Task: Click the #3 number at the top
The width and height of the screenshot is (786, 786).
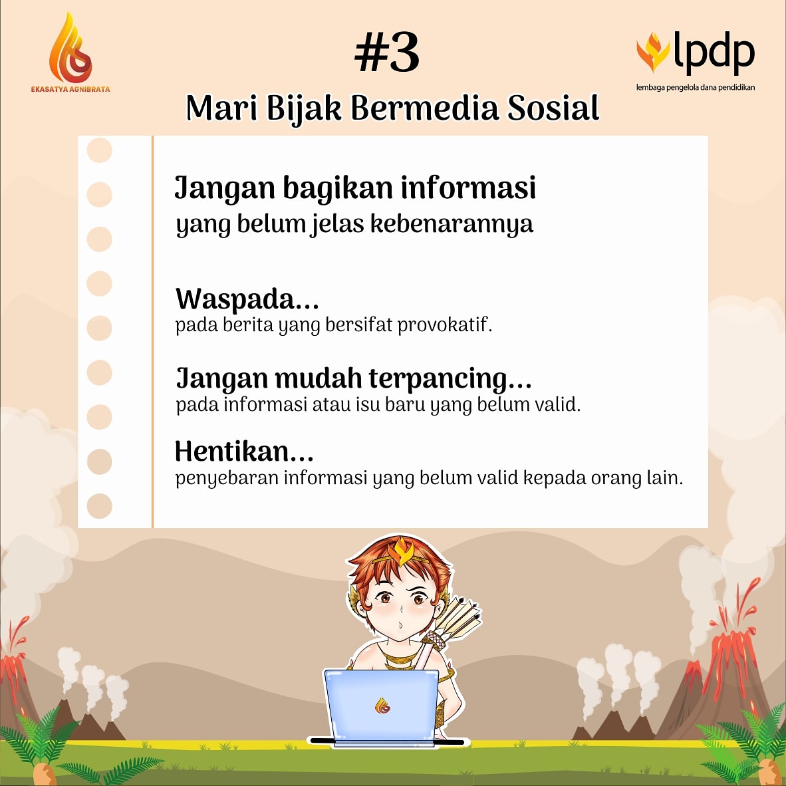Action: pos(387,54)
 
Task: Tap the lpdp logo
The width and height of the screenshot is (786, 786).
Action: pos(696,53)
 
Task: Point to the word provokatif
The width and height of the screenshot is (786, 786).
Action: pos(444,325)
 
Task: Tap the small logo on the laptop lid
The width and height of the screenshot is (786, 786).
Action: pos(382,706)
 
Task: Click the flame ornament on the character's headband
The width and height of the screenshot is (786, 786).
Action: pos(401,551)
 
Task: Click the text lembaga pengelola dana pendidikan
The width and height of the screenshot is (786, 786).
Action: pos(695,87)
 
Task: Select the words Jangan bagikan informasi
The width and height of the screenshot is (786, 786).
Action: pos(355,188)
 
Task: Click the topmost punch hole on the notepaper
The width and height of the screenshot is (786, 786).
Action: pos(100,150)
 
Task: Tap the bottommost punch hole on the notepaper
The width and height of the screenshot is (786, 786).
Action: pos(100,506)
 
